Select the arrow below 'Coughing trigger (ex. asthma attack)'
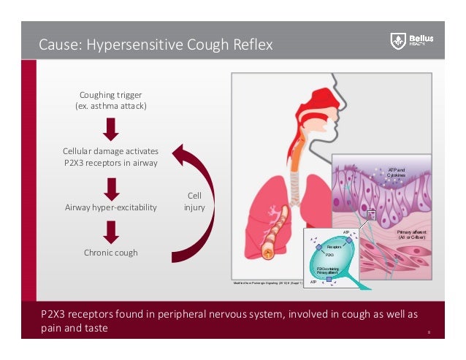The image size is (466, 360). [111, 129]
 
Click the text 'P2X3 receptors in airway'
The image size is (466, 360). [110, 162]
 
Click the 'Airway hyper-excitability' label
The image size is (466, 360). [110, 207]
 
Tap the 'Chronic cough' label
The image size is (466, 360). [110, 253]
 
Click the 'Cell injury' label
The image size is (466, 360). [194, 202]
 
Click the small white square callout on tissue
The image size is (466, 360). [371, 215]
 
